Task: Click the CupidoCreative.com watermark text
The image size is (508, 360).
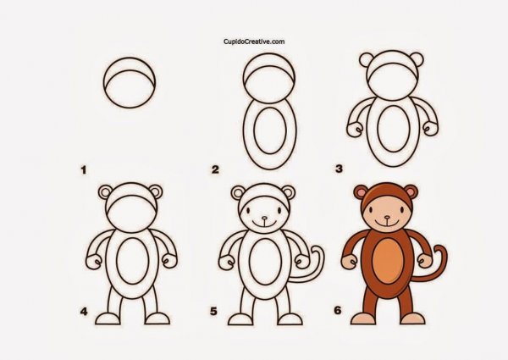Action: pyautogui.click(x=253, y=40)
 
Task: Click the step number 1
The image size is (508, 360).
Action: pyautogui.click(x=84, y=169)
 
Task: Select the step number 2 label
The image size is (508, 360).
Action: pyautogui.click(x=216, y=169)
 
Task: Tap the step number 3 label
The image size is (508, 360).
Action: pyautogui.click(x=340, y=169)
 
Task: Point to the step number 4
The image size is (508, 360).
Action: pyautogui.click(x=84, y=313)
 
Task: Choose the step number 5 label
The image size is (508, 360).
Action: pyautogui.click(x=214, y=313)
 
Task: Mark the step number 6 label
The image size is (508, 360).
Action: pyautogui.click(x=337, y=313)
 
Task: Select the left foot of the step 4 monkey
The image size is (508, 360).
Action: pyautogui.click(x=108, y=318)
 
